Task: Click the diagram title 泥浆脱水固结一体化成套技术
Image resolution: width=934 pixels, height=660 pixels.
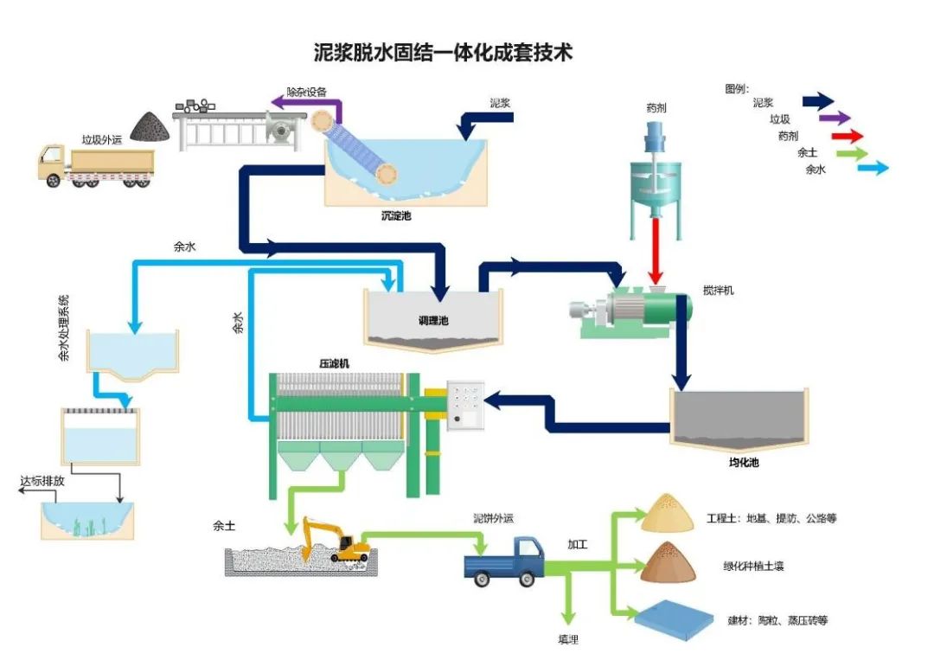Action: coord(443,53)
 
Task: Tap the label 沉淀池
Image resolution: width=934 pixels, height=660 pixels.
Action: coord(396,215)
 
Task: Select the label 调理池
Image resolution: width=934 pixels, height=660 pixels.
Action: coord(433,321)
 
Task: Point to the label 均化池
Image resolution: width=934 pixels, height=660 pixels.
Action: coord(743,464)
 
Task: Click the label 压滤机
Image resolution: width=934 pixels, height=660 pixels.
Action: coord(336,363)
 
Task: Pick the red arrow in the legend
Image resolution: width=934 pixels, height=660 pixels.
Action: coord(847,136)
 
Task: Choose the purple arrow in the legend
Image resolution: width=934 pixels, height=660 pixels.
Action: coord(834,119)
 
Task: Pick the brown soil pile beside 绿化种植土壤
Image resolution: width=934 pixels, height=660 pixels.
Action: coord(669,562)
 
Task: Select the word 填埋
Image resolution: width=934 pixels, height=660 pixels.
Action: coord(567,640)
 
